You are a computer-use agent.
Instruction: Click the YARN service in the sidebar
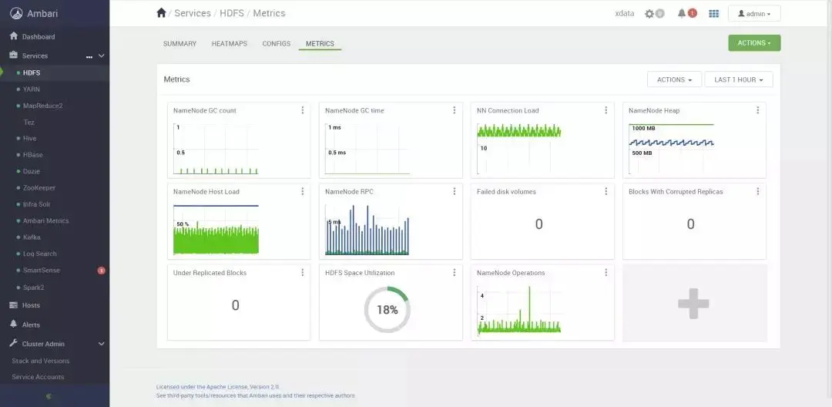coord(32,89)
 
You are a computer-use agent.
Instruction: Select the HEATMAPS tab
coord(230,44)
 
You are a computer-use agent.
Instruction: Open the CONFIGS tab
coord(276,44)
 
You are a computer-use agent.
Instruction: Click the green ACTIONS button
coord(753,43)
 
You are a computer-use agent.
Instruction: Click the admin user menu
coord(753,14)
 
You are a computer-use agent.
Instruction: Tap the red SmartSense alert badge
coord(102,271)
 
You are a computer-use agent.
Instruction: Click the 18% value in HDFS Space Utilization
coord(387,310)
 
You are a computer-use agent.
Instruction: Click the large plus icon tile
coord(693,303)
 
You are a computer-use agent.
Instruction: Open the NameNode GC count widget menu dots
coord(303,110)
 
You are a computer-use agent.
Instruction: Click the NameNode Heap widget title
coord(654,111)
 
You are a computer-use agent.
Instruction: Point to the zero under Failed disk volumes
coord(538,224)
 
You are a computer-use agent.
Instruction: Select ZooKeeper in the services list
coord(39,188)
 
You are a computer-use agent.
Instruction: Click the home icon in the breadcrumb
coord(161,13)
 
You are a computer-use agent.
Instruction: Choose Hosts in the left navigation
coord(31,305)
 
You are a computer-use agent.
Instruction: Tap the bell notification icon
coord(682,13)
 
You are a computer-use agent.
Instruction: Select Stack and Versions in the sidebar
coord(41,361)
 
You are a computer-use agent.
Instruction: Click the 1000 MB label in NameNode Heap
coord(643,129)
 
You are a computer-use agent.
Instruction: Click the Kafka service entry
coord(32,237)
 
